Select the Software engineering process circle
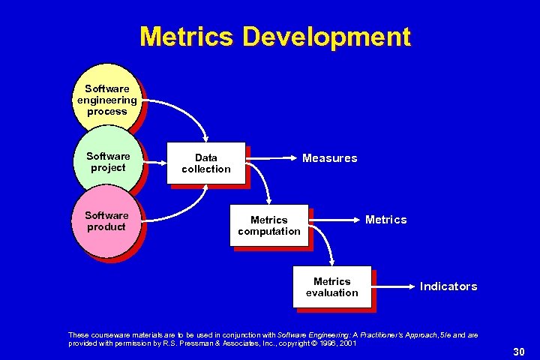point(106,100)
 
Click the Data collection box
point(206,163)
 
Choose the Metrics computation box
point(269,226)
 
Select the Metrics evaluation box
point(332,287)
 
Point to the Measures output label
point(329,158)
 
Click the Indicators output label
point(448,286)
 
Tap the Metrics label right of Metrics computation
point(385,220)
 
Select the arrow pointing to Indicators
point(394,286)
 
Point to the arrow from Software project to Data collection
point(155,162)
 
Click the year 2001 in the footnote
point(347,343)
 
